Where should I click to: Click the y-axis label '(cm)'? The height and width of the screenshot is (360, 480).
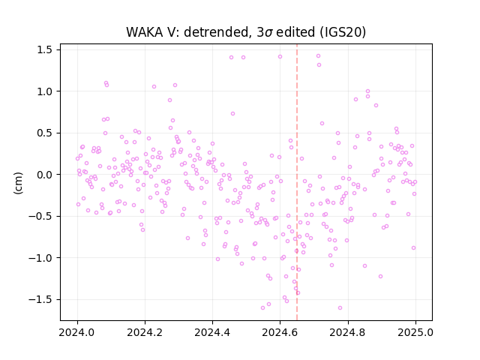point(18,183)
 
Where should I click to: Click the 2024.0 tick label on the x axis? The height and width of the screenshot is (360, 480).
point(77,332)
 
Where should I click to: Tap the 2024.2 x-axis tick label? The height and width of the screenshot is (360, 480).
point(145,332)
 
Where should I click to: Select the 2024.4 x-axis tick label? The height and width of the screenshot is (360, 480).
point(212,332)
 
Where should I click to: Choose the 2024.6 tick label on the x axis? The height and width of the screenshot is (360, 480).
point(280,332)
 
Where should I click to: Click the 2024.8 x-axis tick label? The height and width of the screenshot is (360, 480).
point(348,332)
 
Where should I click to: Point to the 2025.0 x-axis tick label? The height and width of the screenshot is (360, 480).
point(415,332)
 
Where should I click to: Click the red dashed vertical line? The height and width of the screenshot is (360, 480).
point(297,182)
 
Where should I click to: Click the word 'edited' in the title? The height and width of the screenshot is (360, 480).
point(295,32)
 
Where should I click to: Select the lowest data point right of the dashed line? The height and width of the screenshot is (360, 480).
point(340,307)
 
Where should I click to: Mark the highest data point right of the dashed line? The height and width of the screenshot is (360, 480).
point(318,56)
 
